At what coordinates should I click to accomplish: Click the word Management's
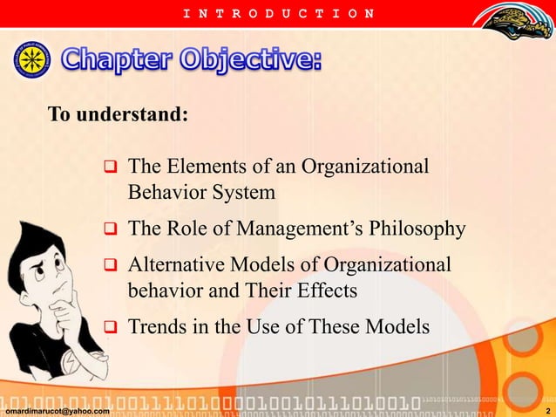point(303,229)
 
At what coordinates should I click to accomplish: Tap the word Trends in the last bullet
point(156,328)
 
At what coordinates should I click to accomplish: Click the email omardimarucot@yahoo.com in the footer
point(57,411)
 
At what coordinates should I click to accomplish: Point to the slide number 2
point(546,411)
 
